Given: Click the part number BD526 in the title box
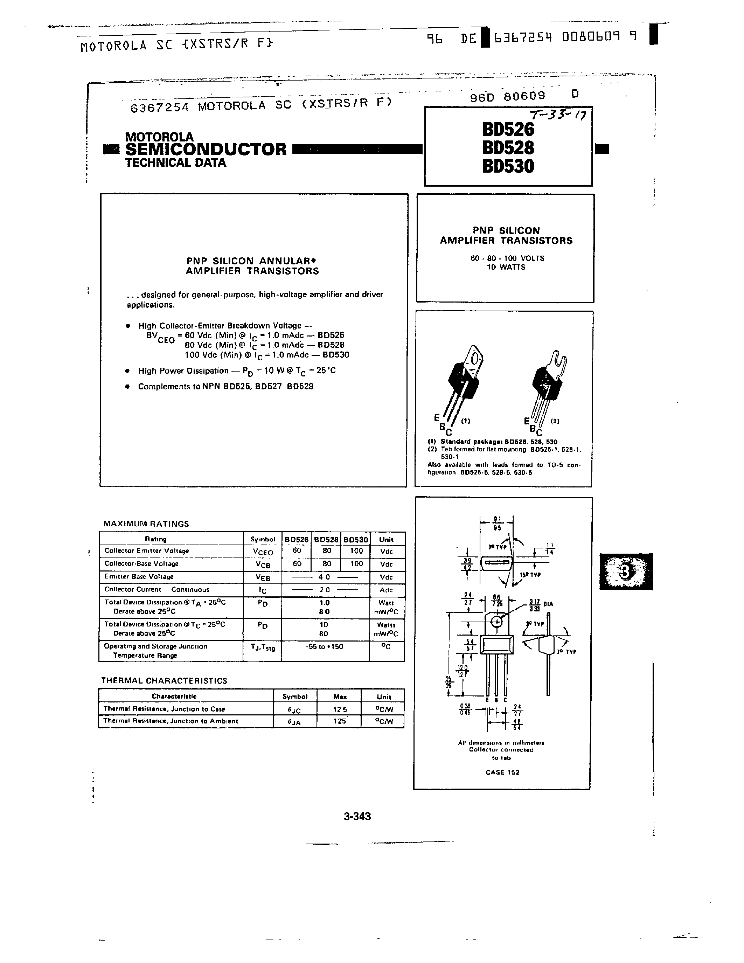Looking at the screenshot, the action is coord(508,129).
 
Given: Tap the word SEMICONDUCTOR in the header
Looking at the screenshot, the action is coord(206,149).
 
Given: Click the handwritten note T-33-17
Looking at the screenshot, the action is coord(558,116).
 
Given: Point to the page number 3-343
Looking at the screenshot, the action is coord(357,816).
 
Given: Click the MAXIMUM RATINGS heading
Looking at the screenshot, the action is coord(146,524).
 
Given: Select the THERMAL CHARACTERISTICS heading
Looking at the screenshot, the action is coord(164,680).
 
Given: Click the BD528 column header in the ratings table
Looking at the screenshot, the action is coord(326,539).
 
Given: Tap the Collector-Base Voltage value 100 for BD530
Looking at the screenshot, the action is coord(356,563).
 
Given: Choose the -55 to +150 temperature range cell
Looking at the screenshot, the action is coord(325,646).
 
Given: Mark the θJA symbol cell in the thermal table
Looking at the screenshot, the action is coord(294,722).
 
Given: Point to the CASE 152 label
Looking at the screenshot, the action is coord(502,772).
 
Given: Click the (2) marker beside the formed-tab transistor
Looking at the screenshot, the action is coord(555,421).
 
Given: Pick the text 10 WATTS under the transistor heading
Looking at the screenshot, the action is coord(506,267).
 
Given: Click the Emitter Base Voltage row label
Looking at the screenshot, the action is coord(139,577).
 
